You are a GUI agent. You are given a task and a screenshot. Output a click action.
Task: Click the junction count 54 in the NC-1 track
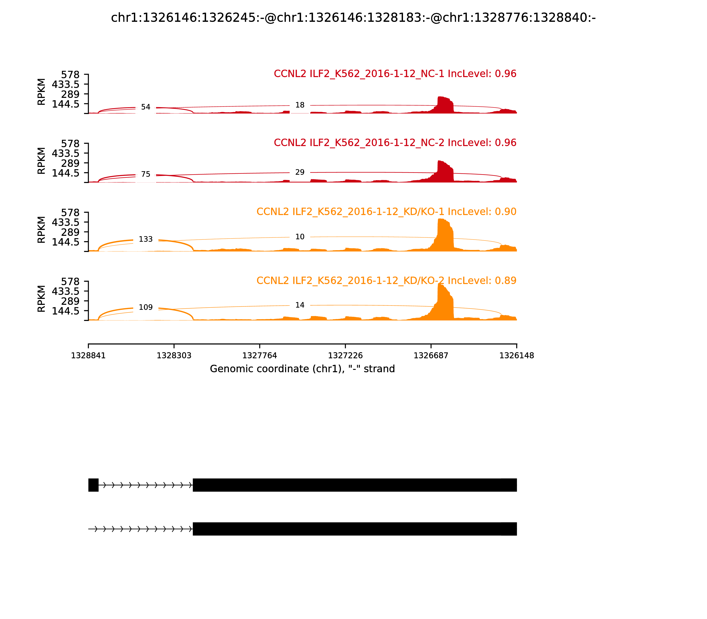click(146, 107)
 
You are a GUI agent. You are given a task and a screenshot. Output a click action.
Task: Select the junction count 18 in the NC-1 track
click(300, 105)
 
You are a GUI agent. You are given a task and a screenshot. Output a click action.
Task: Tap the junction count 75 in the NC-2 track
click(146, 174)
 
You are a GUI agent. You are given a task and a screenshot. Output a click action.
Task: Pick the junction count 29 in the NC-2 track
click(300, 172)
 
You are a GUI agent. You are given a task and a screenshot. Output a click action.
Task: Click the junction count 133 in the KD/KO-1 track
click(146, 239)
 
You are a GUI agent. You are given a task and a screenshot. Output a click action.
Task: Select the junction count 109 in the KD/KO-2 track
click(146, 308)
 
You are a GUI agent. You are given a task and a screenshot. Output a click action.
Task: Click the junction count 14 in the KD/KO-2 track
click(300, 305)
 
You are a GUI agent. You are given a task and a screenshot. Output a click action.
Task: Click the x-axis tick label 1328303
click(174, 356)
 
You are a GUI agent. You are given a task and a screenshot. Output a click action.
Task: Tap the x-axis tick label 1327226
click(345, 356)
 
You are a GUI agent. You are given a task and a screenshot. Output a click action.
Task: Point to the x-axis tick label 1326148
click(517, 356)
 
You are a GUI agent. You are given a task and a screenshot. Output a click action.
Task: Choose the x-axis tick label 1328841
click(88, 356)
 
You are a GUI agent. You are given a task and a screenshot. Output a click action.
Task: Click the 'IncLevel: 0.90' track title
click(386, 212)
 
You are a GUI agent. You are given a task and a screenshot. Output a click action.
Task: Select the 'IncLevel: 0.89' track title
click(386, 281)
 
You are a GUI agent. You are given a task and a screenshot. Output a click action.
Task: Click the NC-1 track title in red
click(395, 74)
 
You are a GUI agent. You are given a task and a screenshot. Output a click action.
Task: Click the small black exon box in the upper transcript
click(93, 485)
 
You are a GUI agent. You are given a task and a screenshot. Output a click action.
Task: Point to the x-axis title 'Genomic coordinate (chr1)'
click(302, 369)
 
